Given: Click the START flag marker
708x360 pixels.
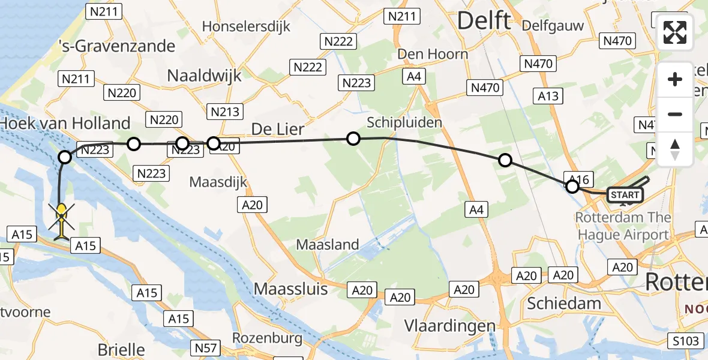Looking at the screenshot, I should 625,195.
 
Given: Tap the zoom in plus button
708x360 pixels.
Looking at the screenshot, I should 675,79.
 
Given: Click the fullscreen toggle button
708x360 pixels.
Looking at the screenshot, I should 675,32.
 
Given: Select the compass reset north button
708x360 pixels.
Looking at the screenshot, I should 675,148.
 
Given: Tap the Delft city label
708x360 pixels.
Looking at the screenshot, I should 484,21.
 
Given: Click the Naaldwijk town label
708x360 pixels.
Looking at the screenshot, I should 204,76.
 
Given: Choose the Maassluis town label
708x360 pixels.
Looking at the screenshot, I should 291,289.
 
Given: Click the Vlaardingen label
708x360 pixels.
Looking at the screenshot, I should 450,326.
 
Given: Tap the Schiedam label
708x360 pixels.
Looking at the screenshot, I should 563,303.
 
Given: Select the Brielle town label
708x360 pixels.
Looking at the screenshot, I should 121,350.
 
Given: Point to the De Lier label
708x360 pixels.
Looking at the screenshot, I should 277,130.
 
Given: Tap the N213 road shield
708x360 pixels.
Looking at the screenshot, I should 225,111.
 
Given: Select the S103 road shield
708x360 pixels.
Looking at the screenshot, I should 685,341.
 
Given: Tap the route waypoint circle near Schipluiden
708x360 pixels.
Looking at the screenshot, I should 353,139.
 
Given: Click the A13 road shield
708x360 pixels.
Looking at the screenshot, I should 548,95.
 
